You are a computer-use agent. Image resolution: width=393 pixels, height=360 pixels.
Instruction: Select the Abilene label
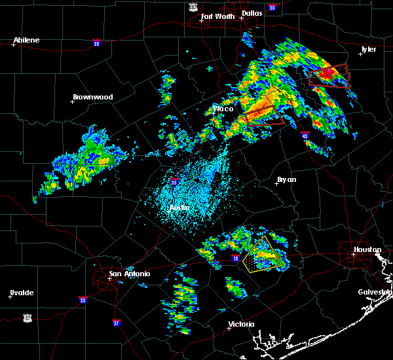(27, 40)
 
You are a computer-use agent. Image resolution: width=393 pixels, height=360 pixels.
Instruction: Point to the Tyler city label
(369, 49)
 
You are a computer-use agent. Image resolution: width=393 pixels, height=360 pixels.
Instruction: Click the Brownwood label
(92, 97)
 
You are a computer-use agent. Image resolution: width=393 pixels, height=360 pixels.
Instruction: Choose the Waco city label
(224, 109)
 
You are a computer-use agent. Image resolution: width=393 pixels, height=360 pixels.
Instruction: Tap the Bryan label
(286, 179)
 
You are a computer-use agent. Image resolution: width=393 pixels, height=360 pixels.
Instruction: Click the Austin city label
(179, 207)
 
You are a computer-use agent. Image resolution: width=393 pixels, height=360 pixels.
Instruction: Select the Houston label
(367, 249)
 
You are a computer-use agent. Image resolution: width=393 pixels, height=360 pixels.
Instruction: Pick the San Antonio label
(129, 274)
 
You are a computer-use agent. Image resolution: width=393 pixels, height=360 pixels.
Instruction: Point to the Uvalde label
(22, 293)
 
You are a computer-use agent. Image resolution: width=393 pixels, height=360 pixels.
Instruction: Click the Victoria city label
(241, 324)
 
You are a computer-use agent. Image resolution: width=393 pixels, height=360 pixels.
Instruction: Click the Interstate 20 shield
(96, 43)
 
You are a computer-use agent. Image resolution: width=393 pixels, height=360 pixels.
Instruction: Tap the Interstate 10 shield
(235, 258)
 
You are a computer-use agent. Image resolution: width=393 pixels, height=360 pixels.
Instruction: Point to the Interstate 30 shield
(272, 7)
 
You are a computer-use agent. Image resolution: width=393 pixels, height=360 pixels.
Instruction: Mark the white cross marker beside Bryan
(276, 183)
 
